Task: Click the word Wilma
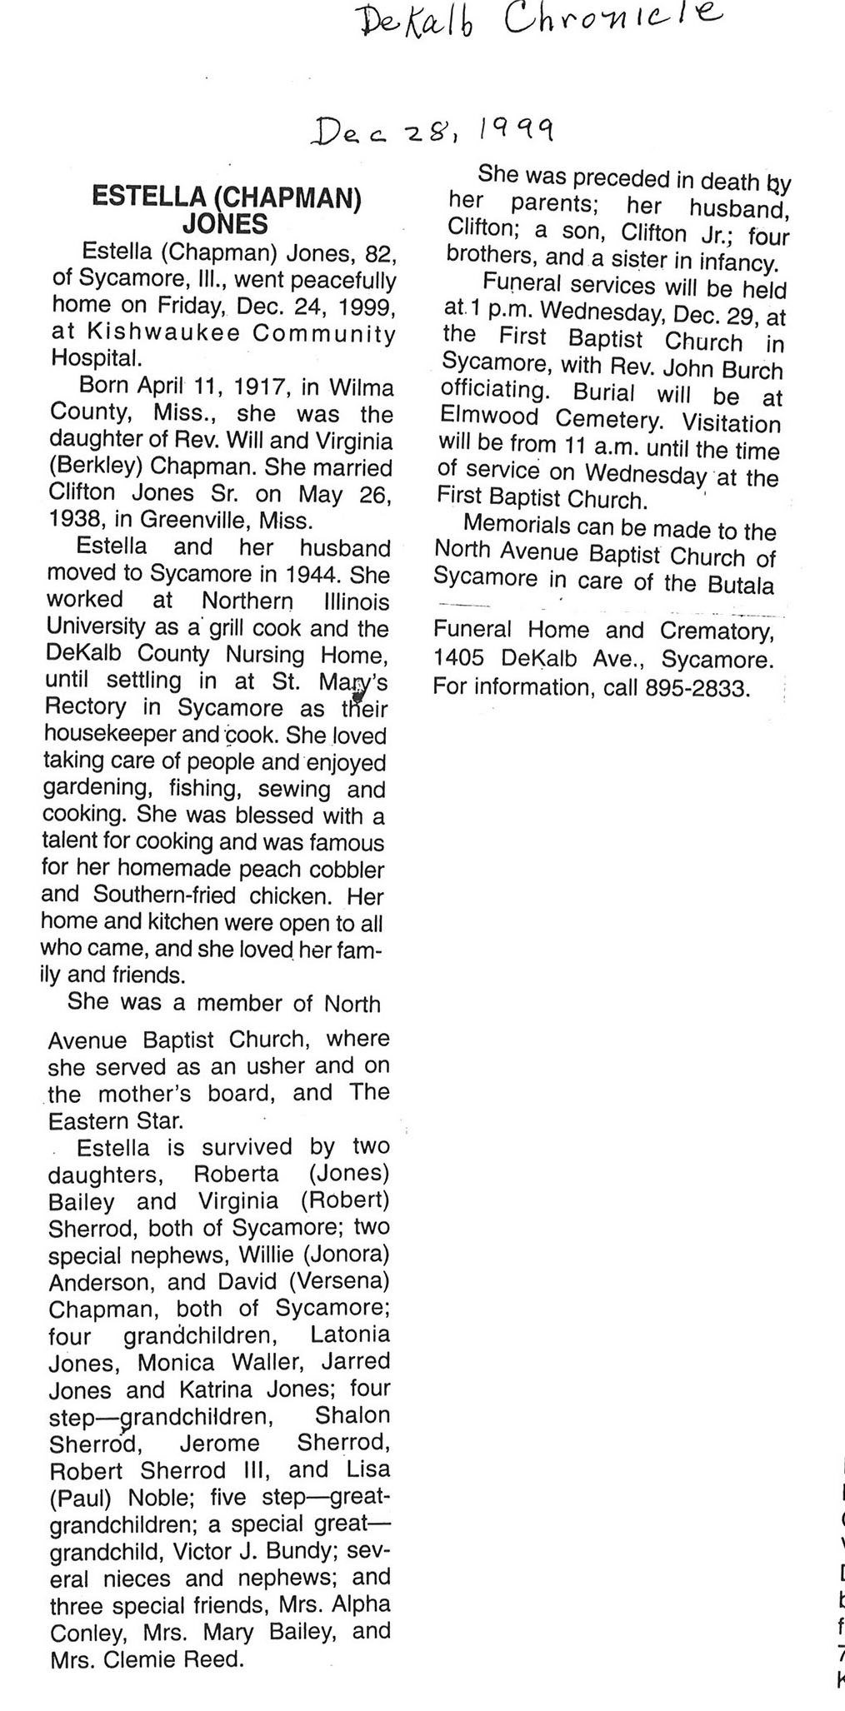[x=361, y=387]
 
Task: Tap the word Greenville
[x=193, y=521]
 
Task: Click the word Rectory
[x=86, y=708]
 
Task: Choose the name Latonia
[x=349, y=1334]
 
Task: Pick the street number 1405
[x=458, y=658]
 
